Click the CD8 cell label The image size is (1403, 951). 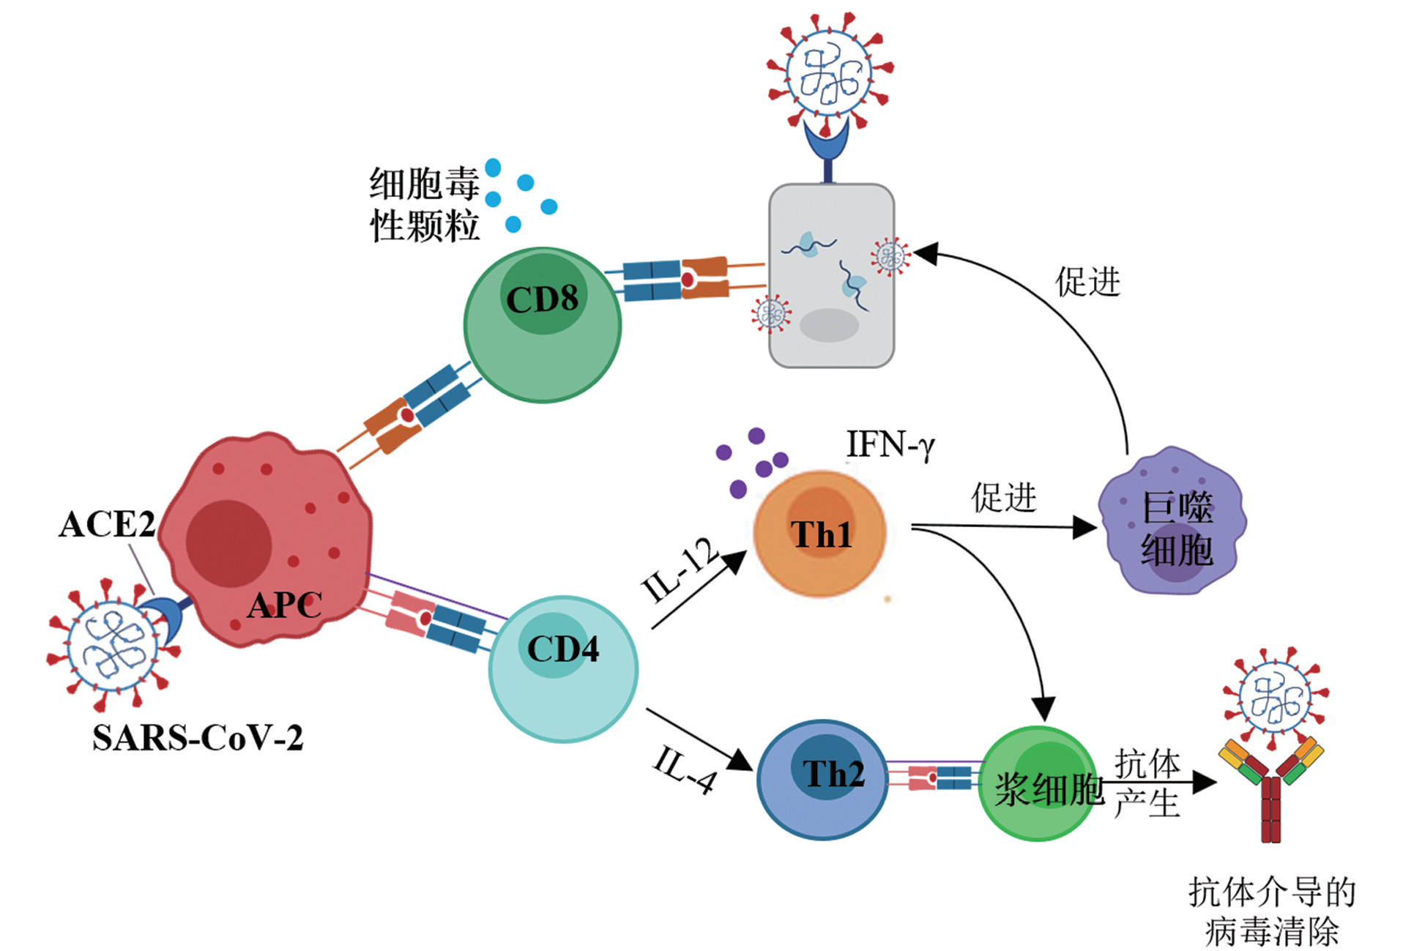[542, 299]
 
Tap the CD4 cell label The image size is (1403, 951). [562, 649]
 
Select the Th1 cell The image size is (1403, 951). [820, 534]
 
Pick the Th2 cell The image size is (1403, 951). [822, 779]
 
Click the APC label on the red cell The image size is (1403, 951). [284, 605]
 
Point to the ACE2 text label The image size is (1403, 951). [107, 524]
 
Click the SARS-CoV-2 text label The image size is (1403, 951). [197, 738]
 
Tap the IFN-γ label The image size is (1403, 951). [890, 444]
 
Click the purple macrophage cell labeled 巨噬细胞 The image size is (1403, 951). [1172, 521]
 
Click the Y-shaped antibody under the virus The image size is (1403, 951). [1270, 791]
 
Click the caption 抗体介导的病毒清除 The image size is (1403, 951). [1272, 911]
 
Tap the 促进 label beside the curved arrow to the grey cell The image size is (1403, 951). [1087, 282]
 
